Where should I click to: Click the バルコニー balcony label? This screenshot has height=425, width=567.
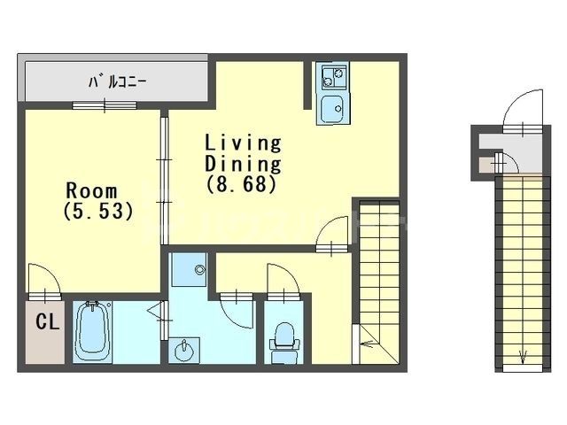click(116, 82)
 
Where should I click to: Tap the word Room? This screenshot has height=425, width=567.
click(91, 190)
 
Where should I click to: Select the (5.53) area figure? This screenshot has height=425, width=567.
click(97, 212)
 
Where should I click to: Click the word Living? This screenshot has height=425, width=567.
click(243, 143)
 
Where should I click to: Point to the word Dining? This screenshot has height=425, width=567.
click(243, 164)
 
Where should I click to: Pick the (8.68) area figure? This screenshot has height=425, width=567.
click(243, 185)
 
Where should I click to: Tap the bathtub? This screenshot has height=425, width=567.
click(91, 330)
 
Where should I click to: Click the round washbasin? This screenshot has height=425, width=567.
click(184, 351)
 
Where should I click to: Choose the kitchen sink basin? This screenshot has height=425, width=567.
click(332, 109)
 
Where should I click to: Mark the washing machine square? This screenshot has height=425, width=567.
click(189, 269)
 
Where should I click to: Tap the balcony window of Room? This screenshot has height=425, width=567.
click(105, 106)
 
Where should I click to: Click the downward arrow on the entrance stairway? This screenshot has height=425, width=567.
click(522, 357)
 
